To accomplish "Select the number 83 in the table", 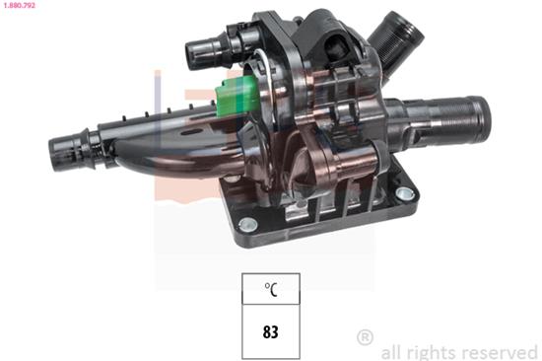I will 270,331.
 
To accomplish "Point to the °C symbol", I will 270,291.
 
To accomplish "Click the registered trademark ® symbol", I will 365,337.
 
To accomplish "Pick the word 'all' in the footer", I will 393,350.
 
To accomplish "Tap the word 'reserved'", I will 500,350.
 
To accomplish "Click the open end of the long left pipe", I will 56,152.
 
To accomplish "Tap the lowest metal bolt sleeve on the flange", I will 248,225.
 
